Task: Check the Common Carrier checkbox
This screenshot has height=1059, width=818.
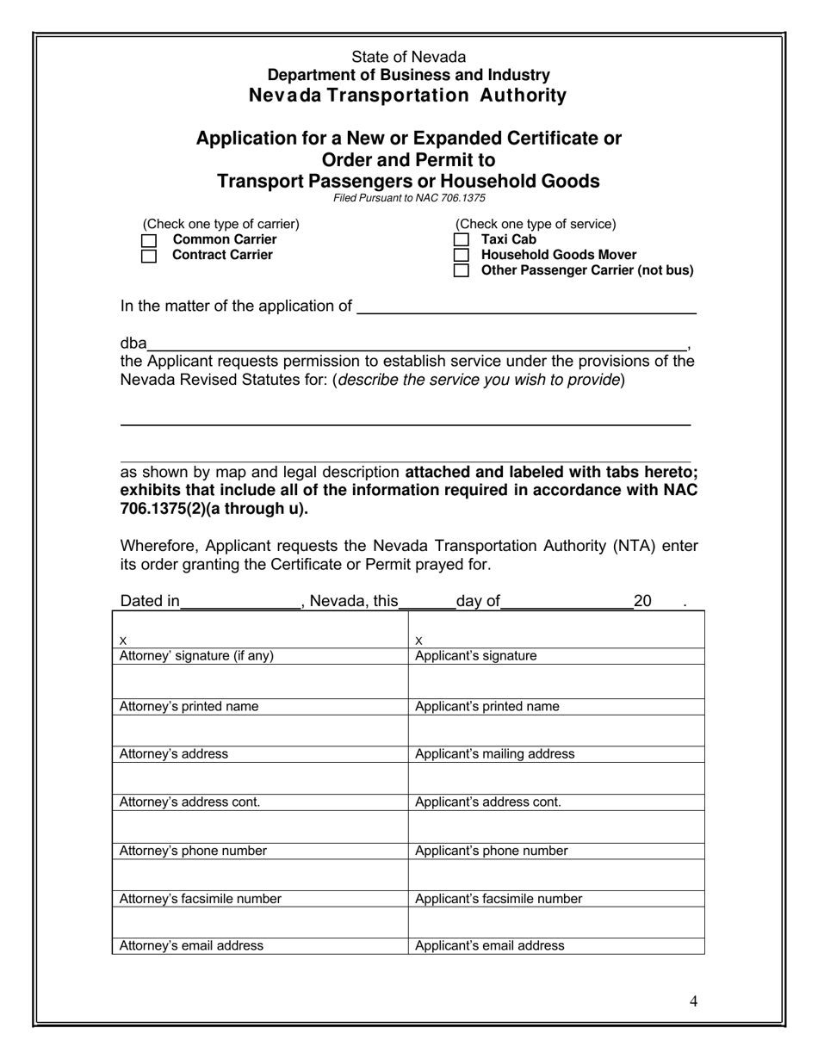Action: (x=149, y=240)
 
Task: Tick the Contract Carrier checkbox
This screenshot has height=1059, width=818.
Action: (x=149, y=256)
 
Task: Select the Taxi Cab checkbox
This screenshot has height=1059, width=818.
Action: (x=462, y=240)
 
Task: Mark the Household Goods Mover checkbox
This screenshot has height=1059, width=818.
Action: (x=462, y=256)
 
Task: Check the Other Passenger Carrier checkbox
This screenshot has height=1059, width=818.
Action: (x=462, y=271)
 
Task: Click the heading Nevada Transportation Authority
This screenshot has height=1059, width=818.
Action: (x=407, y=96)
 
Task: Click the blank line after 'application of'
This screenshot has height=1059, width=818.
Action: (x=525, y=307)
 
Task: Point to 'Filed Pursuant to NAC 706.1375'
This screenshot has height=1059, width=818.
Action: (x=409, y=198)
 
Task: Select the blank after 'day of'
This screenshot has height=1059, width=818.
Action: (x=566, y=602)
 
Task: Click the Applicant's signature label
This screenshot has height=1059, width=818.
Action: (x=475, y=656)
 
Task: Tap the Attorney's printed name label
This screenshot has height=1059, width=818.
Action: (x=189, y=707)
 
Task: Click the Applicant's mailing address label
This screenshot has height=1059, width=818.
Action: (x=494, y=754)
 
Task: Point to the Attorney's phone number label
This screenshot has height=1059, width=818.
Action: (x=193, y=852)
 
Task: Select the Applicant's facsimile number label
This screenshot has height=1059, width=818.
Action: (x=499, y=899)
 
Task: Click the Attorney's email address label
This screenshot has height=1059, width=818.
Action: (x=191, y=945)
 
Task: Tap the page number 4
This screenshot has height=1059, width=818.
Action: (x=693, y=1000)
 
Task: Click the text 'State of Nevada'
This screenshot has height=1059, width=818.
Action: (x=408, y=57)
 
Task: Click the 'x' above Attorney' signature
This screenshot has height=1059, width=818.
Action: (x=123, y=641)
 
